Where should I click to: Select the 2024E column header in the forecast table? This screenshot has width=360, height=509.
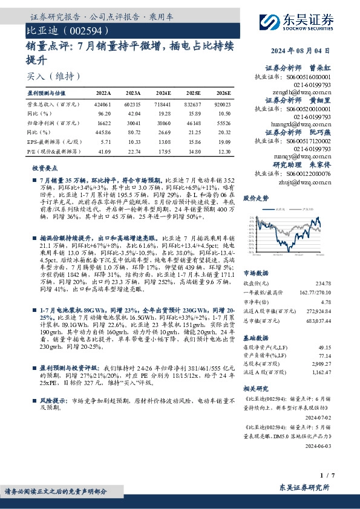point(163,94)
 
